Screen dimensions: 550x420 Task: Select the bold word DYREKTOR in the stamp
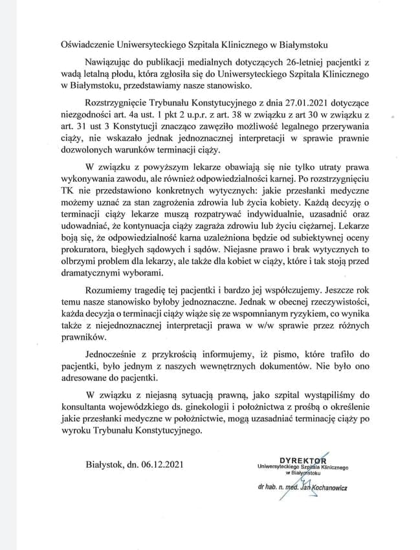304,460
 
